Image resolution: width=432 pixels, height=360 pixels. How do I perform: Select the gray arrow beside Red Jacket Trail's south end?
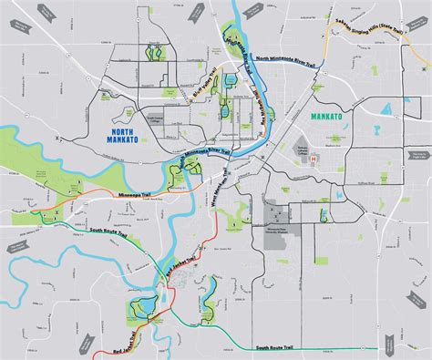(87, 345)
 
